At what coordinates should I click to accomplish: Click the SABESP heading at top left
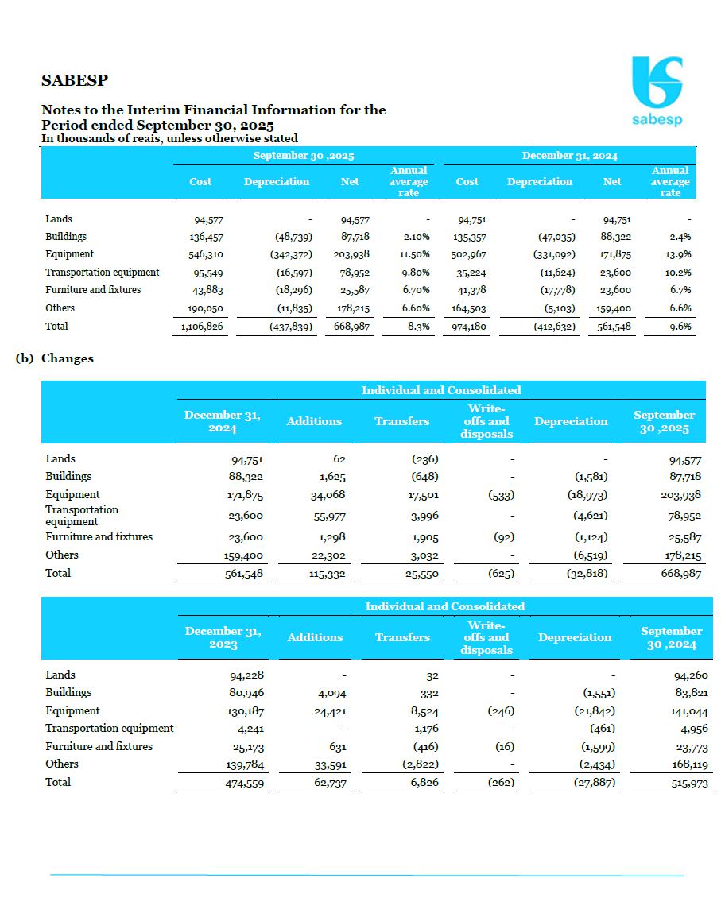coord(75,80)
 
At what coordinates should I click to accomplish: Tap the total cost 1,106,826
coord(200,327)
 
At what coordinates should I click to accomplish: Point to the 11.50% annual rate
coord(415,254)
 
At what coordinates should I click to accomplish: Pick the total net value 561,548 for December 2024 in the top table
coord(611,327)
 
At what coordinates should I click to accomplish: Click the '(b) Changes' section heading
coord(55,358)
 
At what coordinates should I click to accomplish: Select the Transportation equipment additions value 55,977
coord(326,516)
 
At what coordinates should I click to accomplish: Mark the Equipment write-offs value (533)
coord(500,494)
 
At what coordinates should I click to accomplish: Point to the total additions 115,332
coord(325,573)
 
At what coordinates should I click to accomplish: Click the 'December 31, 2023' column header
coord(223,637)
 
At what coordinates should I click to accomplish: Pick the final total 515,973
coord(686,783)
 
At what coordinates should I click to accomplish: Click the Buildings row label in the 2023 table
coord(68,692)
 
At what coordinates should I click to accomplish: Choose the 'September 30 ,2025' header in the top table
coord(304,156)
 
